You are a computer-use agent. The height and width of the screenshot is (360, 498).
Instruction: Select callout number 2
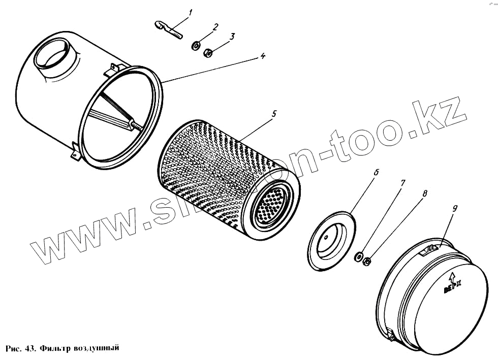click(x=215, y=26)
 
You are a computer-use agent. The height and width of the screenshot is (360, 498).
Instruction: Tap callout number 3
click(x=232, y=37)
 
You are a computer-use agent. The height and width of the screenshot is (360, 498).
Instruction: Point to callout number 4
click(x=262, y=56)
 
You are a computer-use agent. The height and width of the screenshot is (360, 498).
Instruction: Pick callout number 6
click(x=377, y=172)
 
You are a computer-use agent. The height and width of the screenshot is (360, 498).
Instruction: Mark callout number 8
click(x=424, y=193)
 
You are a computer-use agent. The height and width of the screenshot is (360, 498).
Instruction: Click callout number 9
click(x=455, y=208)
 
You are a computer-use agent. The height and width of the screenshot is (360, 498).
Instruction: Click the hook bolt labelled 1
click(x=168, y=29)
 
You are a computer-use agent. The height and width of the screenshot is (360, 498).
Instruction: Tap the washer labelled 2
click(x=196, y=47)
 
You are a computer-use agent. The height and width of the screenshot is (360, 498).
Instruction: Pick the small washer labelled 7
click(x=359, y=255)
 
